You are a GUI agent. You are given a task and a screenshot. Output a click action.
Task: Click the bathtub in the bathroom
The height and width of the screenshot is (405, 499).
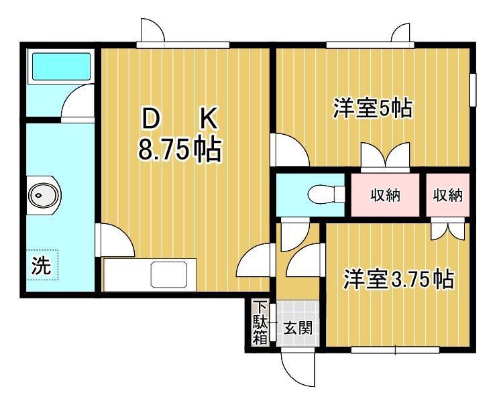pos(62,66)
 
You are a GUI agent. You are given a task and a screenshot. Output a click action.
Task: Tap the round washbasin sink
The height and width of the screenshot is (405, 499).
pos(44,195)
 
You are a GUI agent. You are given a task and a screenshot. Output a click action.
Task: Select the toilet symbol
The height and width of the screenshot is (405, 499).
pos(326,194)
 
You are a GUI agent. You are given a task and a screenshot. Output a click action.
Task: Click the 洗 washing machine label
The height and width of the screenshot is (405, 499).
pos(42,266)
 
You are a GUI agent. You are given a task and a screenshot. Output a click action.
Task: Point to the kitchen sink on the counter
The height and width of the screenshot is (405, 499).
pos(168,274)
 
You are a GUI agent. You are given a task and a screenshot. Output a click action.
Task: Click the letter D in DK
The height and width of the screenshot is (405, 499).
pos(151,119)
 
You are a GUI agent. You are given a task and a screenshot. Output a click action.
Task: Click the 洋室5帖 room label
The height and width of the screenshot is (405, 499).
pos(372,108)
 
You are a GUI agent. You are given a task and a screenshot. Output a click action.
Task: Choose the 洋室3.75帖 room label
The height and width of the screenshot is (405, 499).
pos(398,279)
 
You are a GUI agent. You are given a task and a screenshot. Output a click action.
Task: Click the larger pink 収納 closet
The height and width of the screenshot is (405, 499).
pos(385,194)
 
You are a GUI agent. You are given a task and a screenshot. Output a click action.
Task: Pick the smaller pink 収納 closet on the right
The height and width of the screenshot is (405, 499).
pos(448,194)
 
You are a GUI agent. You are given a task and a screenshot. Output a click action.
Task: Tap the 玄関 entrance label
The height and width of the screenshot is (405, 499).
pos(298,328)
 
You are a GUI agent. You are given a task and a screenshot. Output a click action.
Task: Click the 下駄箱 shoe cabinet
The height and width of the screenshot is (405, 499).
pos(260,323)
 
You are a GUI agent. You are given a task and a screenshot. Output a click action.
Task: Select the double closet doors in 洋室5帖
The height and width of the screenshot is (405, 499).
pos(385,156)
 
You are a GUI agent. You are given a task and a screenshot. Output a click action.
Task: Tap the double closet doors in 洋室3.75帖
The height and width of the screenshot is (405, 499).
pos(447,229)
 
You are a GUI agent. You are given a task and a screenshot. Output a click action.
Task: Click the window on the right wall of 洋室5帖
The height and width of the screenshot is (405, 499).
pos(474,89)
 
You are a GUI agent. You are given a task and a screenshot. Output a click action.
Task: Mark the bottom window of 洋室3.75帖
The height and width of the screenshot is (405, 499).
pos(395,350)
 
